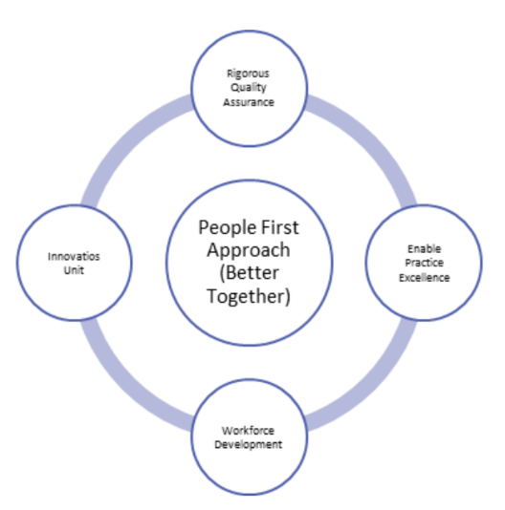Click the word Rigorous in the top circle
click(249, 74)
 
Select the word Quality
click(249, 88)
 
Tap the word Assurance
click(249, 102)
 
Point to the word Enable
click(425, 249)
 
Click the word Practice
click(425, 263)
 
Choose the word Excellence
click(425, 277)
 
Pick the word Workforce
click(248, 431)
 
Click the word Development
click(249, 445)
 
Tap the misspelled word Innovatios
click(74, 257)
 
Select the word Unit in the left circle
click(74, 270)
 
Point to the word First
click(280, 227)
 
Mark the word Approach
click(249, 250)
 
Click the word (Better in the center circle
click(250, 273)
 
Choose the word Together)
click(249, 296)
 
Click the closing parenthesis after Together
click(287, 297)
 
